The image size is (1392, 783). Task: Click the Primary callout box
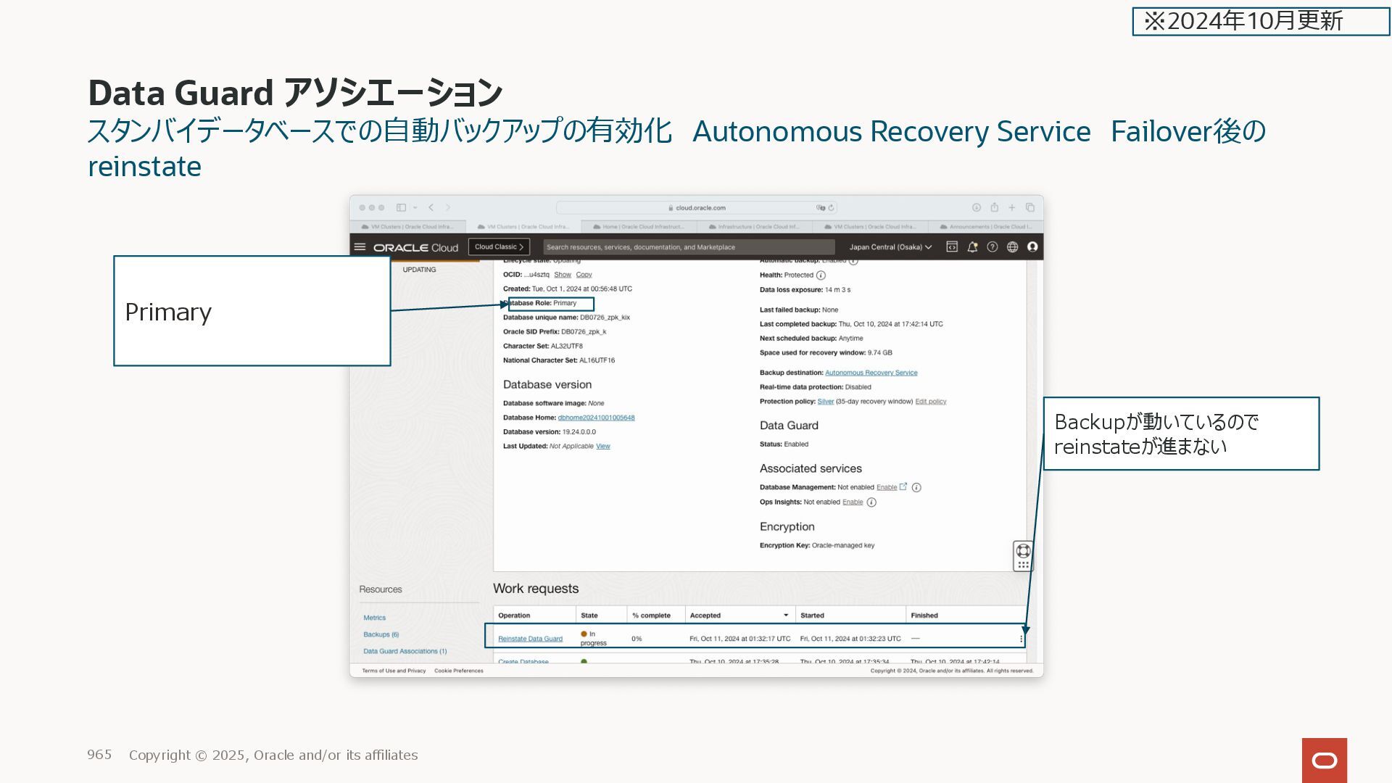252,311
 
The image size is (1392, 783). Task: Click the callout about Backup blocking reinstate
1181,434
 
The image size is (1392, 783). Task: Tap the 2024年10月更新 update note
1261,21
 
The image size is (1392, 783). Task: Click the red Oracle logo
1324,760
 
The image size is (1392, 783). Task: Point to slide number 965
99,755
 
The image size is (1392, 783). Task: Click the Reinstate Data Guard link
530,639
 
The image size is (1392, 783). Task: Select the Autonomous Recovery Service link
871,373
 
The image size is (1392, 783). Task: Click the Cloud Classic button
499,247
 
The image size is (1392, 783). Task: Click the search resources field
689,247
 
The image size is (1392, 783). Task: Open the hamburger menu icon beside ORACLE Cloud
360,247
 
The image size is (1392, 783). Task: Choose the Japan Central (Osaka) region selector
890,247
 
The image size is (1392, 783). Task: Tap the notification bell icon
972,247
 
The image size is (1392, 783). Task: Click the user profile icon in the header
1032,247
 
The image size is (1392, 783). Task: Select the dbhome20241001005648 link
596,418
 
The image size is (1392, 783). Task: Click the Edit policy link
930,402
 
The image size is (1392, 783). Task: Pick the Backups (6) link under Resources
381,634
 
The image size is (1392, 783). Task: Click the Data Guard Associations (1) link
405,651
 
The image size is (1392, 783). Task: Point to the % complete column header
651,616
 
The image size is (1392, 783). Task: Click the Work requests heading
536,589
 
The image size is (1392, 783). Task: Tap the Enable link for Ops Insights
853,502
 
